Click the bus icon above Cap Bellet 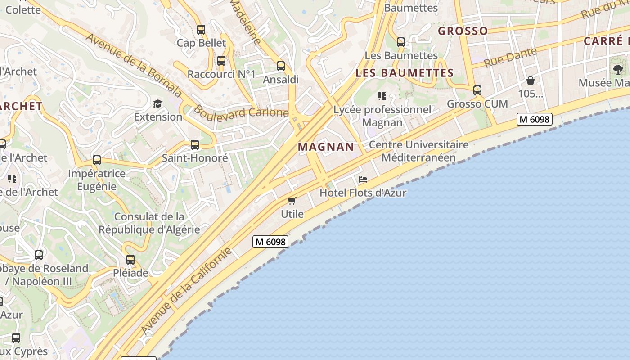tap(201, 30)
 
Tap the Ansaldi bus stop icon tap(281, 66)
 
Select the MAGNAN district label tap(326, 147)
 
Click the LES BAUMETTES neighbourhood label tap(405, 73)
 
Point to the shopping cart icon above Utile tap(292, 201)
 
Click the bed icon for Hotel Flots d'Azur tap(363, 180)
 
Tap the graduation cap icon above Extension tap(157, 104)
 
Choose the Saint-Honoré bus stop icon tap(195, 145)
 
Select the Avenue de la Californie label tap(186, 291)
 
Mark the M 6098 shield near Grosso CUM tap(534, 119)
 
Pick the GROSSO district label tap(463, 31)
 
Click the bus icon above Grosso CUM tap(477, 90)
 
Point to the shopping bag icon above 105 tap(531, 81)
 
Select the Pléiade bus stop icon tap(130, 260)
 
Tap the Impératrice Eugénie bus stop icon tap(97, 160)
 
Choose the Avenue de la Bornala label tap(133, 65)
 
